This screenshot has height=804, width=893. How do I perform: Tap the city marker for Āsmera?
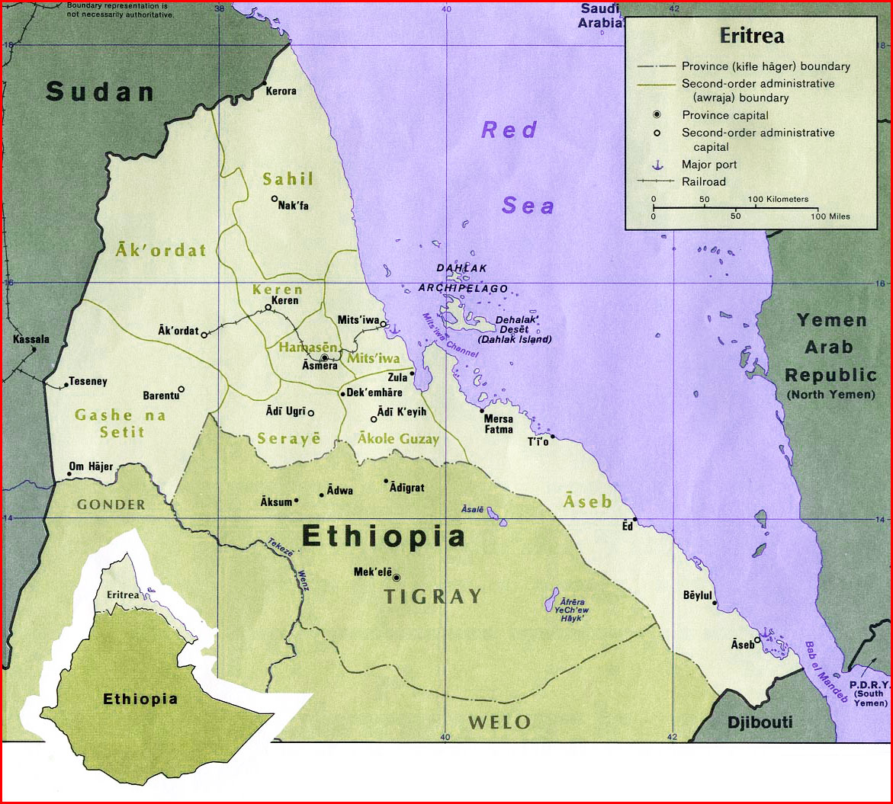[324, 357]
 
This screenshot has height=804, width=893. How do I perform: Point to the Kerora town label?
[281, 91]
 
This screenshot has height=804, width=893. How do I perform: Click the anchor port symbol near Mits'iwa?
[393, 329]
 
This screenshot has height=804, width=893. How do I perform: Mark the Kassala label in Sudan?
[31, 338]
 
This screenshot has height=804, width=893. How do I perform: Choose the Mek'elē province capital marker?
[396, 577]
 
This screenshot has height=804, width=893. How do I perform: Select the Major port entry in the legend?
[709, 165]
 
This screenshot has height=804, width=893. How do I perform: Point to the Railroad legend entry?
[704, 181]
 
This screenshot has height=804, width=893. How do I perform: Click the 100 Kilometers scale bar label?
[778, 199]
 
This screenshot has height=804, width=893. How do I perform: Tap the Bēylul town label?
[697, 594]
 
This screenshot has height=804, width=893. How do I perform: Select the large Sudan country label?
[100, 91]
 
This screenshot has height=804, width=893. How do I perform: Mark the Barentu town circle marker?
[181, 389]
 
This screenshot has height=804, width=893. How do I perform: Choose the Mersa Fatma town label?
[499, 424]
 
